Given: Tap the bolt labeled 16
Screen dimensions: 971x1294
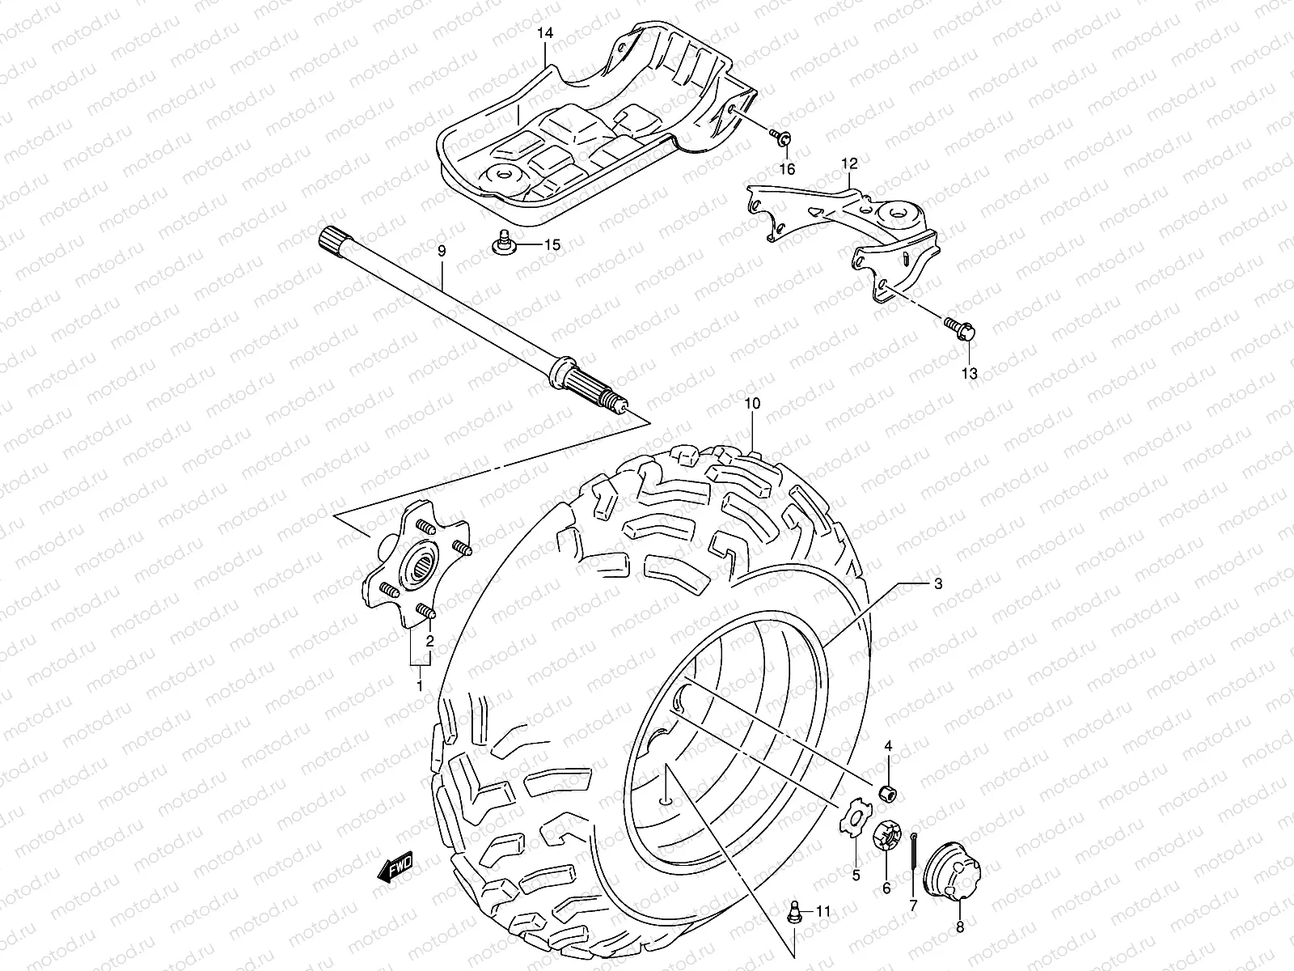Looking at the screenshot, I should [782, 137].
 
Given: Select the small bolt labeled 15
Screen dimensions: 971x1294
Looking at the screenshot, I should [502, 243].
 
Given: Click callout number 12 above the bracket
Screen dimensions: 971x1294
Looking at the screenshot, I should [848, 163].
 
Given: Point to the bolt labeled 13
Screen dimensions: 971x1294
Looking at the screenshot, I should [963, 329].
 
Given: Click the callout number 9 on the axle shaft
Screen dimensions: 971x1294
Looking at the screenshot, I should [442, 252].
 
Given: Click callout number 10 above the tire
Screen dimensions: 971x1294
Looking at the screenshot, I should [752, 402].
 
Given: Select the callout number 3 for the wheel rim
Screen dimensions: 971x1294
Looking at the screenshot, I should [937, 583].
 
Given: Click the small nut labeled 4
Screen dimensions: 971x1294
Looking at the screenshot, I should [890, 790].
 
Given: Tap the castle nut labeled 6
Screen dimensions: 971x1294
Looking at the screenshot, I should [885, 836].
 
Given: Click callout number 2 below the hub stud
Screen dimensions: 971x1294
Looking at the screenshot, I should [430, 642].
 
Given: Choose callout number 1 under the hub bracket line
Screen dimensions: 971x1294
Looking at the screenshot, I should [419, 686].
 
